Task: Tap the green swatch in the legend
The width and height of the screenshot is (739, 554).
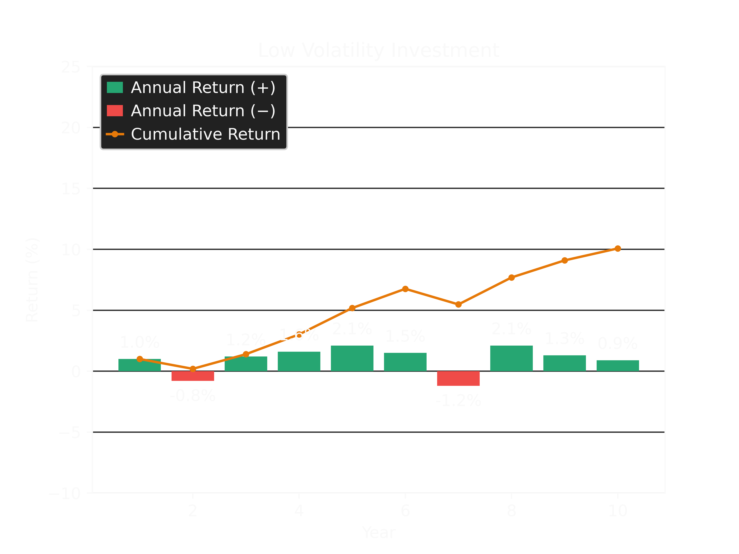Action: tap(115, 88)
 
